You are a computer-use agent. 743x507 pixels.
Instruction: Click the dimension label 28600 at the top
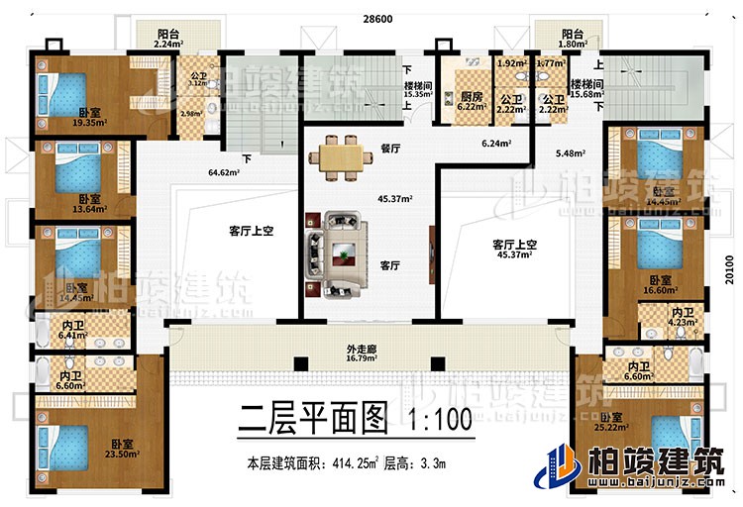(371, 19)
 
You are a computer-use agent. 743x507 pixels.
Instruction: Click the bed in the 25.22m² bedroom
(673, 442)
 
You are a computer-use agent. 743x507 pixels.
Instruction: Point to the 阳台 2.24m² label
(168, 37)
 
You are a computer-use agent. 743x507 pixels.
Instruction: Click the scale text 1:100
(437, 421)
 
